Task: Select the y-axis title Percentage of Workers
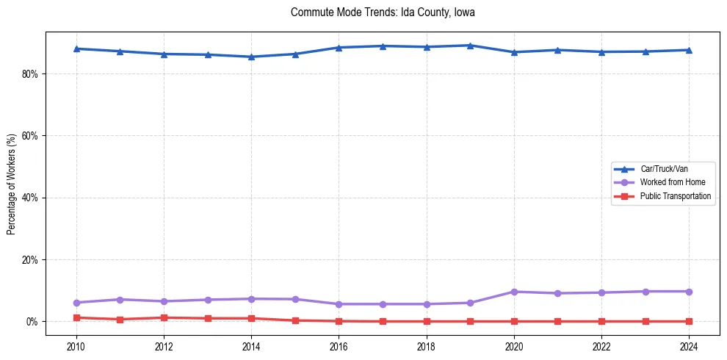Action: click(x=11, y=184)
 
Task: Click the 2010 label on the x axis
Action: click(x=76, y=345)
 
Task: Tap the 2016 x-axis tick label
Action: click(x=339, y=345)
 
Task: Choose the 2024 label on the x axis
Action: click(x=689, y=345)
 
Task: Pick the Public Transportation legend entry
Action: click(x=675, y=196)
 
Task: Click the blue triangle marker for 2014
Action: click(x=251, y=57)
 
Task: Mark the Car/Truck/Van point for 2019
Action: click(x=470, y=46)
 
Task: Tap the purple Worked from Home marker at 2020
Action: click(x=514, y=292)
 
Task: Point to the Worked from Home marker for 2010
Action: click(x=76, y=303)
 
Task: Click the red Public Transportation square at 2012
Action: click(x=164, y=317)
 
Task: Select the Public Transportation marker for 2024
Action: click(x=689, y=321)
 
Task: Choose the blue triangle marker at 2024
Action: click(x=689, y=50)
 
